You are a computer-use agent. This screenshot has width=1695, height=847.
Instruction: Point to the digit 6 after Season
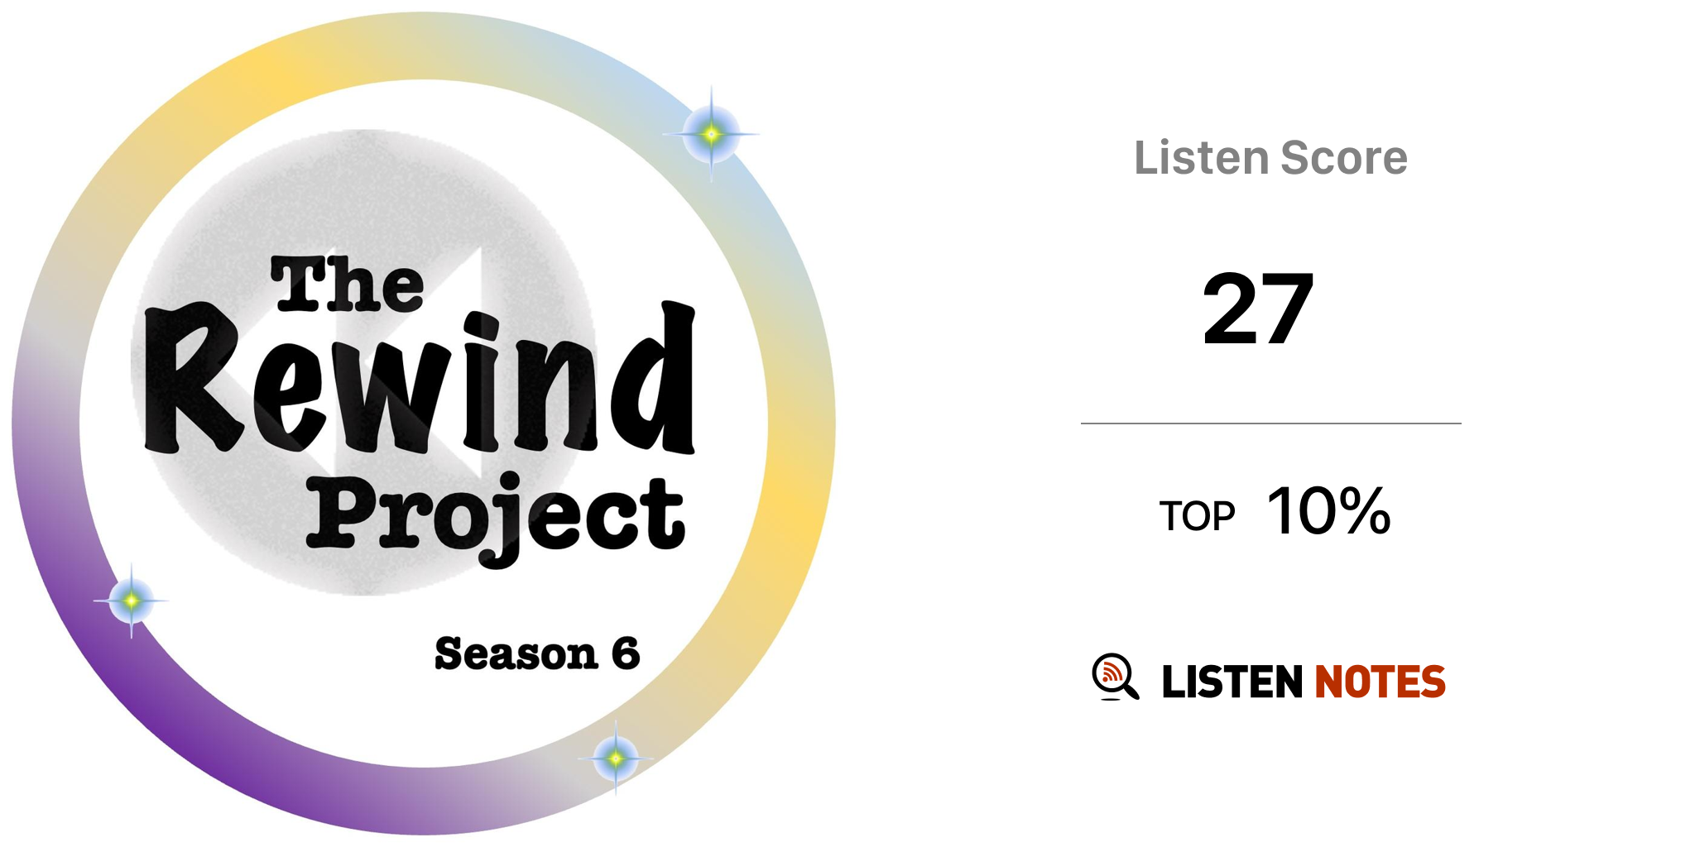pos(626,653)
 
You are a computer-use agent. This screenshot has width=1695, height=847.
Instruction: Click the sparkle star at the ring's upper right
pos(711,133)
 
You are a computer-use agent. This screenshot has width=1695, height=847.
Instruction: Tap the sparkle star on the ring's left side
pos(131,601)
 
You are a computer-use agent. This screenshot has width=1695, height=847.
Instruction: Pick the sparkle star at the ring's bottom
pos(615,758)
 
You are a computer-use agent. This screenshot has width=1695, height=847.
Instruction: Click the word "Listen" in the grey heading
pos(1201,158)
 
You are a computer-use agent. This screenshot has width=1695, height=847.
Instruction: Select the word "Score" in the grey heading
pos(1344,158)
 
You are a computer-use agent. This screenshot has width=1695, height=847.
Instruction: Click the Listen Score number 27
pos(1258,309)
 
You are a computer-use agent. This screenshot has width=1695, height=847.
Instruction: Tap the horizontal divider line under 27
pos(1270,423)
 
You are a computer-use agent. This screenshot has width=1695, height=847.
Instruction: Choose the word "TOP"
pos(1197,516)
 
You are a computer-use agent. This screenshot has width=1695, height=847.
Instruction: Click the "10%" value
pos(1328,511)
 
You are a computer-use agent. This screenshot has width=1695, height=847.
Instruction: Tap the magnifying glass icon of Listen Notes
pos(1115,677)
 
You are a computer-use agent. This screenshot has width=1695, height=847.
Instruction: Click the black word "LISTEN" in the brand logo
pos(1232,682)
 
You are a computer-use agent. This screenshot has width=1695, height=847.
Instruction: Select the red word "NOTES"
pos(1380,682)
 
